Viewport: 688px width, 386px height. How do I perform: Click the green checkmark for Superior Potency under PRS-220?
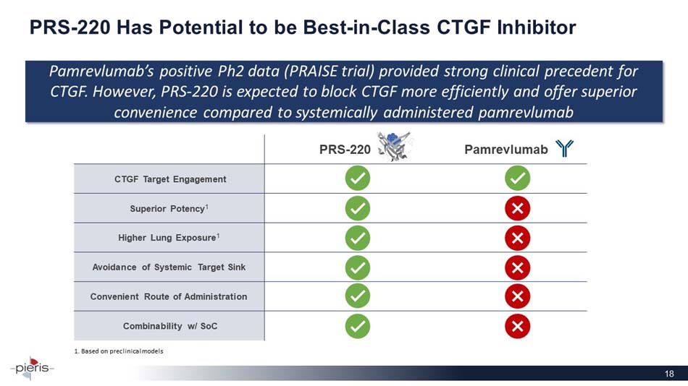point(358,208)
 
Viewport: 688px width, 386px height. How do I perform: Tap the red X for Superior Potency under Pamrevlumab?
point(517,208)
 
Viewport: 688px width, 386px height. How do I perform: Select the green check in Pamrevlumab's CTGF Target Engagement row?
point(517,179)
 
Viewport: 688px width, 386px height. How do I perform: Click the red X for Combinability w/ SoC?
point(517,326)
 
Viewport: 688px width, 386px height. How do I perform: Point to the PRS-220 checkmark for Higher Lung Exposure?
point(358,238)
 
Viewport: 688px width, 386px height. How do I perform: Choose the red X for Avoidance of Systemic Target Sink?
point(517,267)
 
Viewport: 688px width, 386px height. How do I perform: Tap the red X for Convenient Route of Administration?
point(517,296)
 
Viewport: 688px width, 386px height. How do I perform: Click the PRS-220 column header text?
point(345,150)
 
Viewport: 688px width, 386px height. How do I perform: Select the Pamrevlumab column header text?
point(506,150)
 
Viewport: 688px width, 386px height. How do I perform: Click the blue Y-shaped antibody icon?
point(564,149)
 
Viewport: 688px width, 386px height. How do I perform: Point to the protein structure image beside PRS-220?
point(395,146)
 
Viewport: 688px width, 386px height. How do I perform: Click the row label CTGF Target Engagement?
point(170,179)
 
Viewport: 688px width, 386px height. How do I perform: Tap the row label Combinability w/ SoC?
point(170,326)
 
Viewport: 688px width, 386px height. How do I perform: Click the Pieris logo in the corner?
point(32,368)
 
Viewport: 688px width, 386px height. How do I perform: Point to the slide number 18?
point(669,374)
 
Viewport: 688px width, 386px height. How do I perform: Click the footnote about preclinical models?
point(119,351)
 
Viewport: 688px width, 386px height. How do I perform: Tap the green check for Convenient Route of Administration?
point(358,296)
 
